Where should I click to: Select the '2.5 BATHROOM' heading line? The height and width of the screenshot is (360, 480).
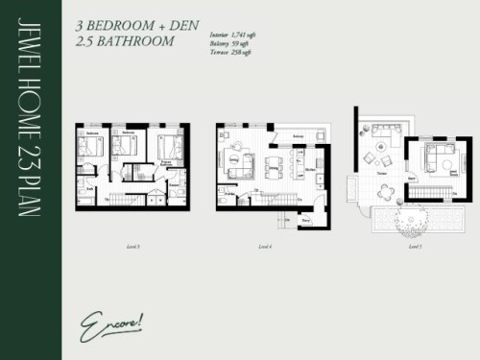(124, 43)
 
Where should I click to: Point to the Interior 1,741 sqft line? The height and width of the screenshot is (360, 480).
(235, 35)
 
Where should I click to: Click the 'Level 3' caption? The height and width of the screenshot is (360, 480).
(132, 248)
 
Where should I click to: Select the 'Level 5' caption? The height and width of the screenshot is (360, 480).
(415, 248)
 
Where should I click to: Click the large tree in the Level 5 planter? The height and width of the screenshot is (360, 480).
(414, 219)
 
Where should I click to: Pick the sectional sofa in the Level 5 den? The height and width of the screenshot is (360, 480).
(439, 156)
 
